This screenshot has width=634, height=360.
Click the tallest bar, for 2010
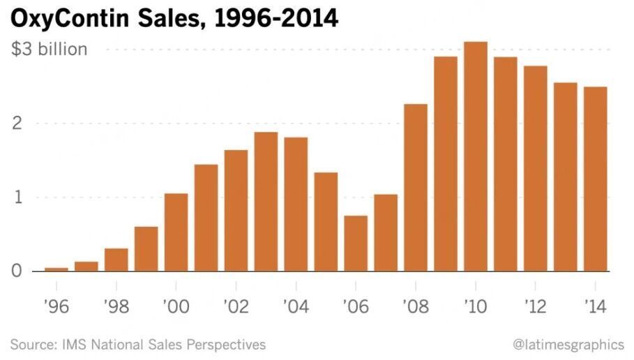[x=475, y=156]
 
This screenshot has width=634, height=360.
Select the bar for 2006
[x=356, y=243]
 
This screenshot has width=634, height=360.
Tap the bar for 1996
[x=56, y=269]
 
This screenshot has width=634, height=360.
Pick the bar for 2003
[x=266, y=202]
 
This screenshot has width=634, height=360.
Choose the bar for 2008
[x=416, y=188]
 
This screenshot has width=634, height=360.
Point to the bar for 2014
[x=595, y=179]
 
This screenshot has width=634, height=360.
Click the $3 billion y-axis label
[x=49, y=50]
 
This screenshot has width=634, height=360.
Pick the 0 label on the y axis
[x=17, y=271]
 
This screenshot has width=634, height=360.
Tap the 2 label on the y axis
[x=17, y=124]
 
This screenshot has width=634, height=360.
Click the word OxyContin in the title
[x=74, y=18]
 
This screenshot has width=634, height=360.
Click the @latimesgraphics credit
[x=568, y=345]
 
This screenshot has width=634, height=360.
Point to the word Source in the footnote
[x=31, y=345]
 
